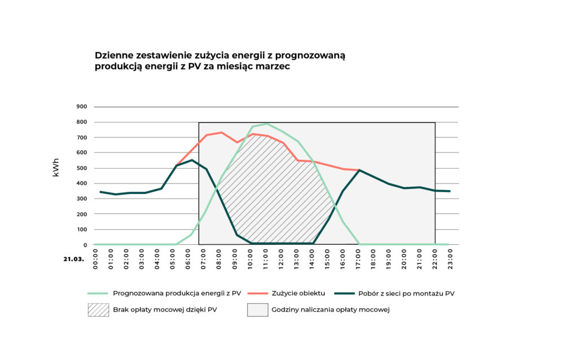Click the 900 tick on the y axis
coord(81,107)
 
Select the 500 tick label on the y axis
coord(81,168)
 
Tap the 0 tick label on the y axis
coord(85,245)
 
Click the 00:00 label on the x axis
coord(95,260)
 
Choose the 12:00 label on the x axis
coord(281,260)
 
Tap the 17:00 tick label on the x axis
coord(358,260)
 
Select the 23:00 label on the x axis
coord(450,260)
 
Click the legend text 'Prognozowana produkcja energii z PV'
coord(177,293)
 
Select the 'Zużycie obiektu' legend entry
coord(299,293)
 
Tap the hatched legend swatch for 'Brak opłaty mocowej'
coord(98,310)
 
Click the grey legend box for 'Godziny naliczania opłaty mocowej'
coord(257,310)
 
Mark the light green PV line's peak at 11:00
coord(266,124)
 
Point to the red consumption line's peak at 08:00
coord(222,133)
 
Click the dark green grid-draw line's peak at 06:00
coord(191,160)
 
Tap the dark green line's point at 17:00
coord(360,170)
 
